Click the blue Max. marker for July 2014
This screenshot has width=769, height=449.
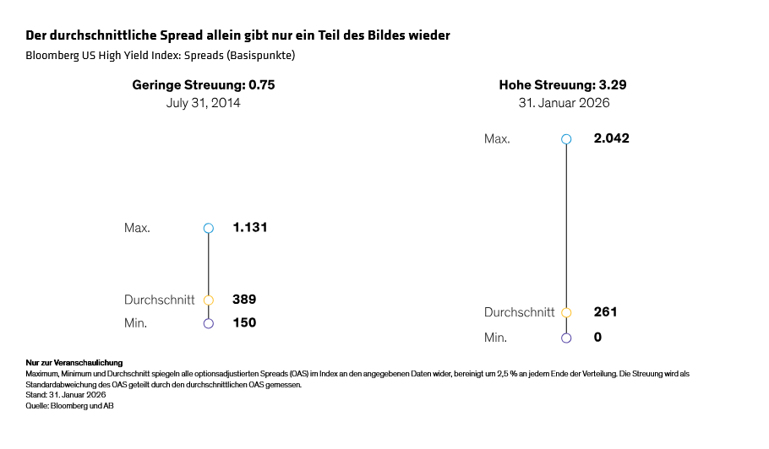click(x=209, y=228)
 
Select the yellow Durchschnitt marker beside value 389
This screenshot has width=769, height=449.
click(x=209, y=300)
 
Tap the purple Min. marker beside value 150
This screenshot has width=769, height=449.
click(x=209, y=322)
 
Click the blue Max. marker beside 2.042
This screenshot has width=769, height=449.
click(x=566, y=139)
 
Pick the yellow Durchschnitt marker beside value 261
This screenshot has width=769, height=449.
click(x=566, y=312)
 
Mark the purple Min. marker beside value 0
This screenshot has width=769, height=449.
click(x=566, y=338)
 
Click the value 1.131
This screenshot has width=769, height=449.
click(x=250, y=228)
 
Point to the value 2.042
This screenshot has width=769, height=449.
click(x=611, y=138)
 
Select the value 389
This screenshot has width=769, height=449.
click(x=244, y=300)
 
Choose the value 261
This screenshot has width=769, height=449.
click(x=605, y=312)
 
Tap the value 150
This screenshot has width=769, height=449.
click(x=244, y=322)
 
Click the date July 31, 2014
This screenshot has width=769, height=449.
click(x=204, y=103)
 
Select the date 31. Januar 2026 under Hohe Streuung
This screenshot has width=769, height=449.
click(x=564, y=103)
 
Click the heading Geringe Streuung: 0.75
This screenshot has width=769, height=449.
click(x=204, y=85)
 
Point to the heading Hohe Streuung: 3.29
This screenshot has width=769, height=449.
click(x=563, y=85)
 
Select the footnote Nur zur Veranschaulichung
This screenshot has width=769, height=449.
click(x=74, y=363)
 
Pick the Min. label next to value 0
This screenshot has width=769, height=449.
click(x=496, y=338)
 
